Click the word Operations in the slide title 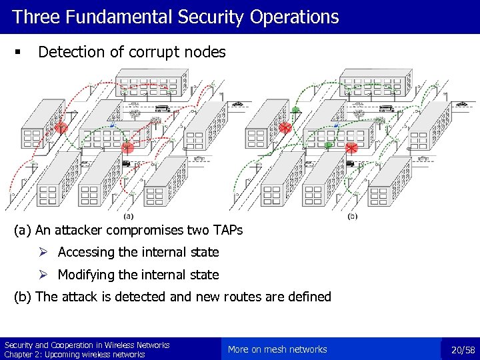294,17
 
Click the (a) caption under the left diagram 128,216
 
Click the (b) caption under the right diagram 353,216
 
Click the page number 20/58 463,349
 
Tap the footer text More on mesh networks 277,349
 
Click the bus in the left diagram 161,109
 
